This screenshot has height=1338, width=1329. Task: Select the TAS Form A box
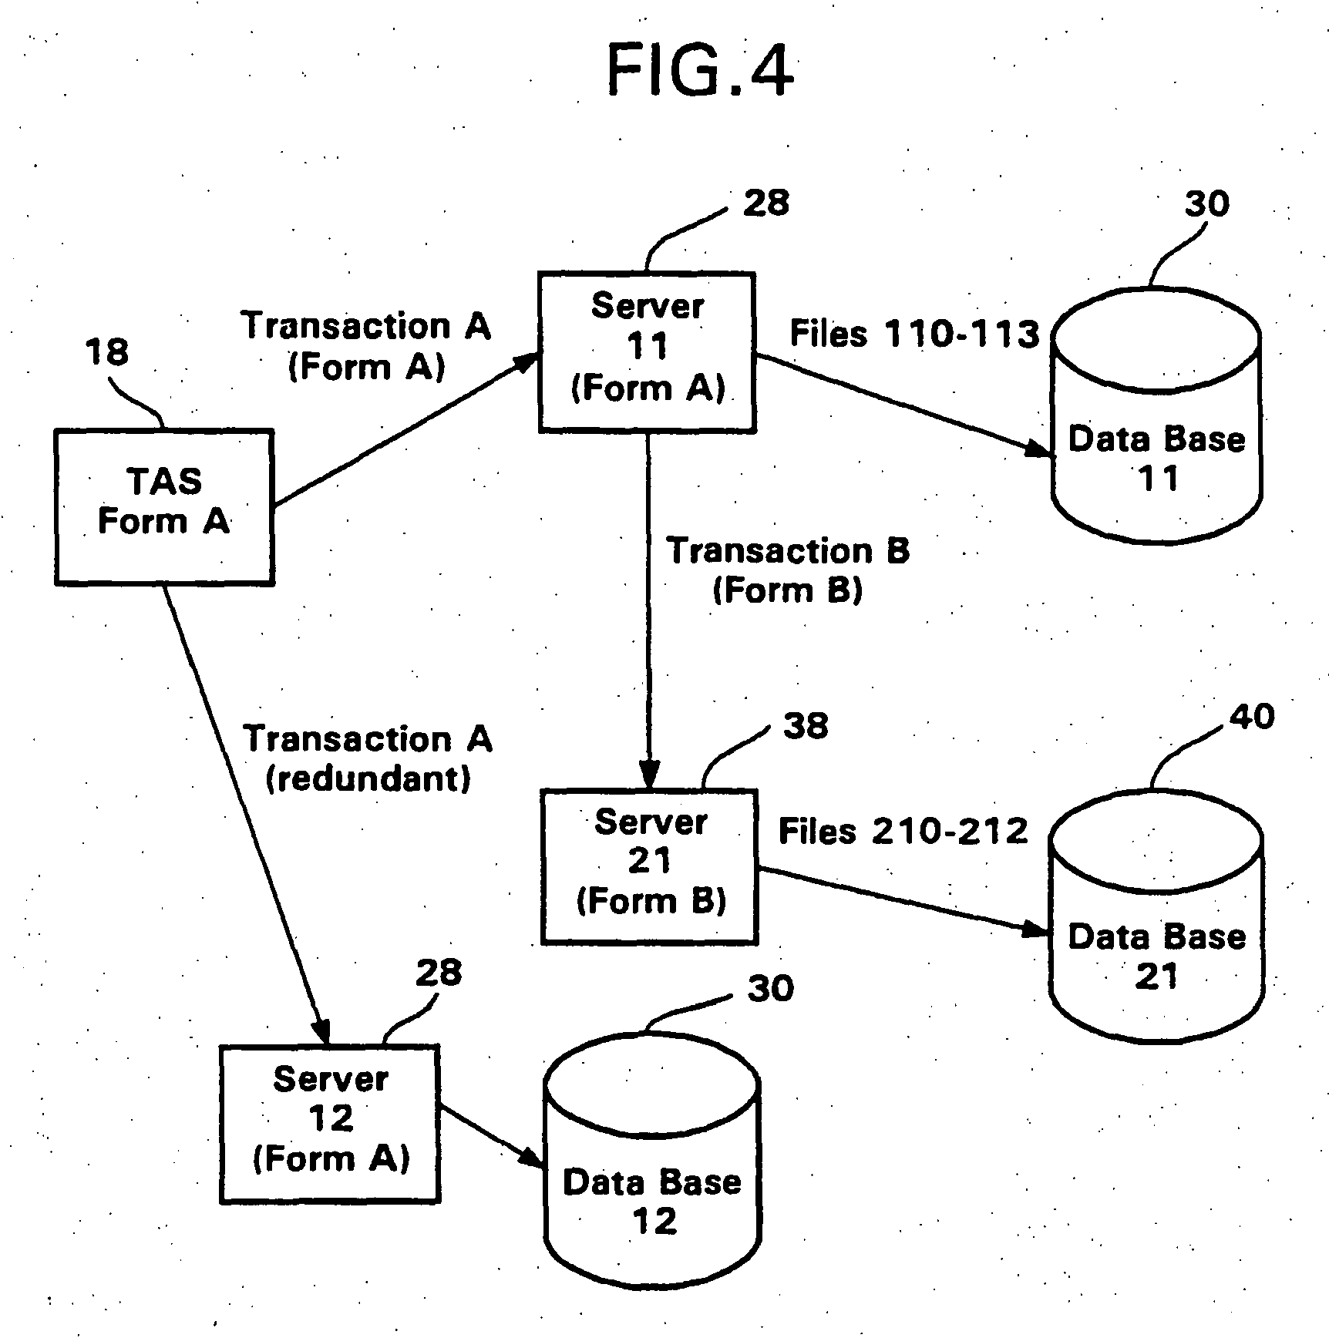click(x=164, y=506)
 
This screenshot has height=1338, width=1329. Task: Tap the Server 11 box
click(x=646, y=351)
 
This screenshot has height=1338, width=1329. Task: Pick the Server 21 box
click(x=649, y=866)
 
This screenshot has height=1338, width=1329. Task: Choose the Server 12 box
click(x=330, y=1123)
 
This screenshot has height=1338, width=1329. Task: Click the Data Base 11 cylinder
click(x=1156, y=432)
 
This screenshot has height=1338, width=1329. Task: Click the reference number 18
click(x=106, y=352)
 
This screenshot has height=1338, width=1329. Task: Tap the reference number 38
click(x=806, y=725)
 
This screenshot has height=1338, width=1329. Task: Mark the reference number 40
click(x=1251, y=717)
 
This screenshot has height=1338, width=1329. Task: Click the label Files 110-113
click(x=914, y=334)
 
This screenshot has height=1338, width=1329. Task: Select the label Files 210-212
click(x=903, y=831)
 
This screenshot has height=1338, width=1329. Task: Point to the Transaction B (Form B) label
click(x=787, y=570)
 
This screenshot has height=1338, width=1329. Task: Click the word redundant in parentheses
click(x=368, y=779)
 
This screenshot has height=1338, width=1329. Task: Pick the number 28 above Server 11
click(x=765, y=203)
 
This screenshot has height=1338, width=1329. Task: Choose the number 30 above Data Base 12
click(x=770, y=988)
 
